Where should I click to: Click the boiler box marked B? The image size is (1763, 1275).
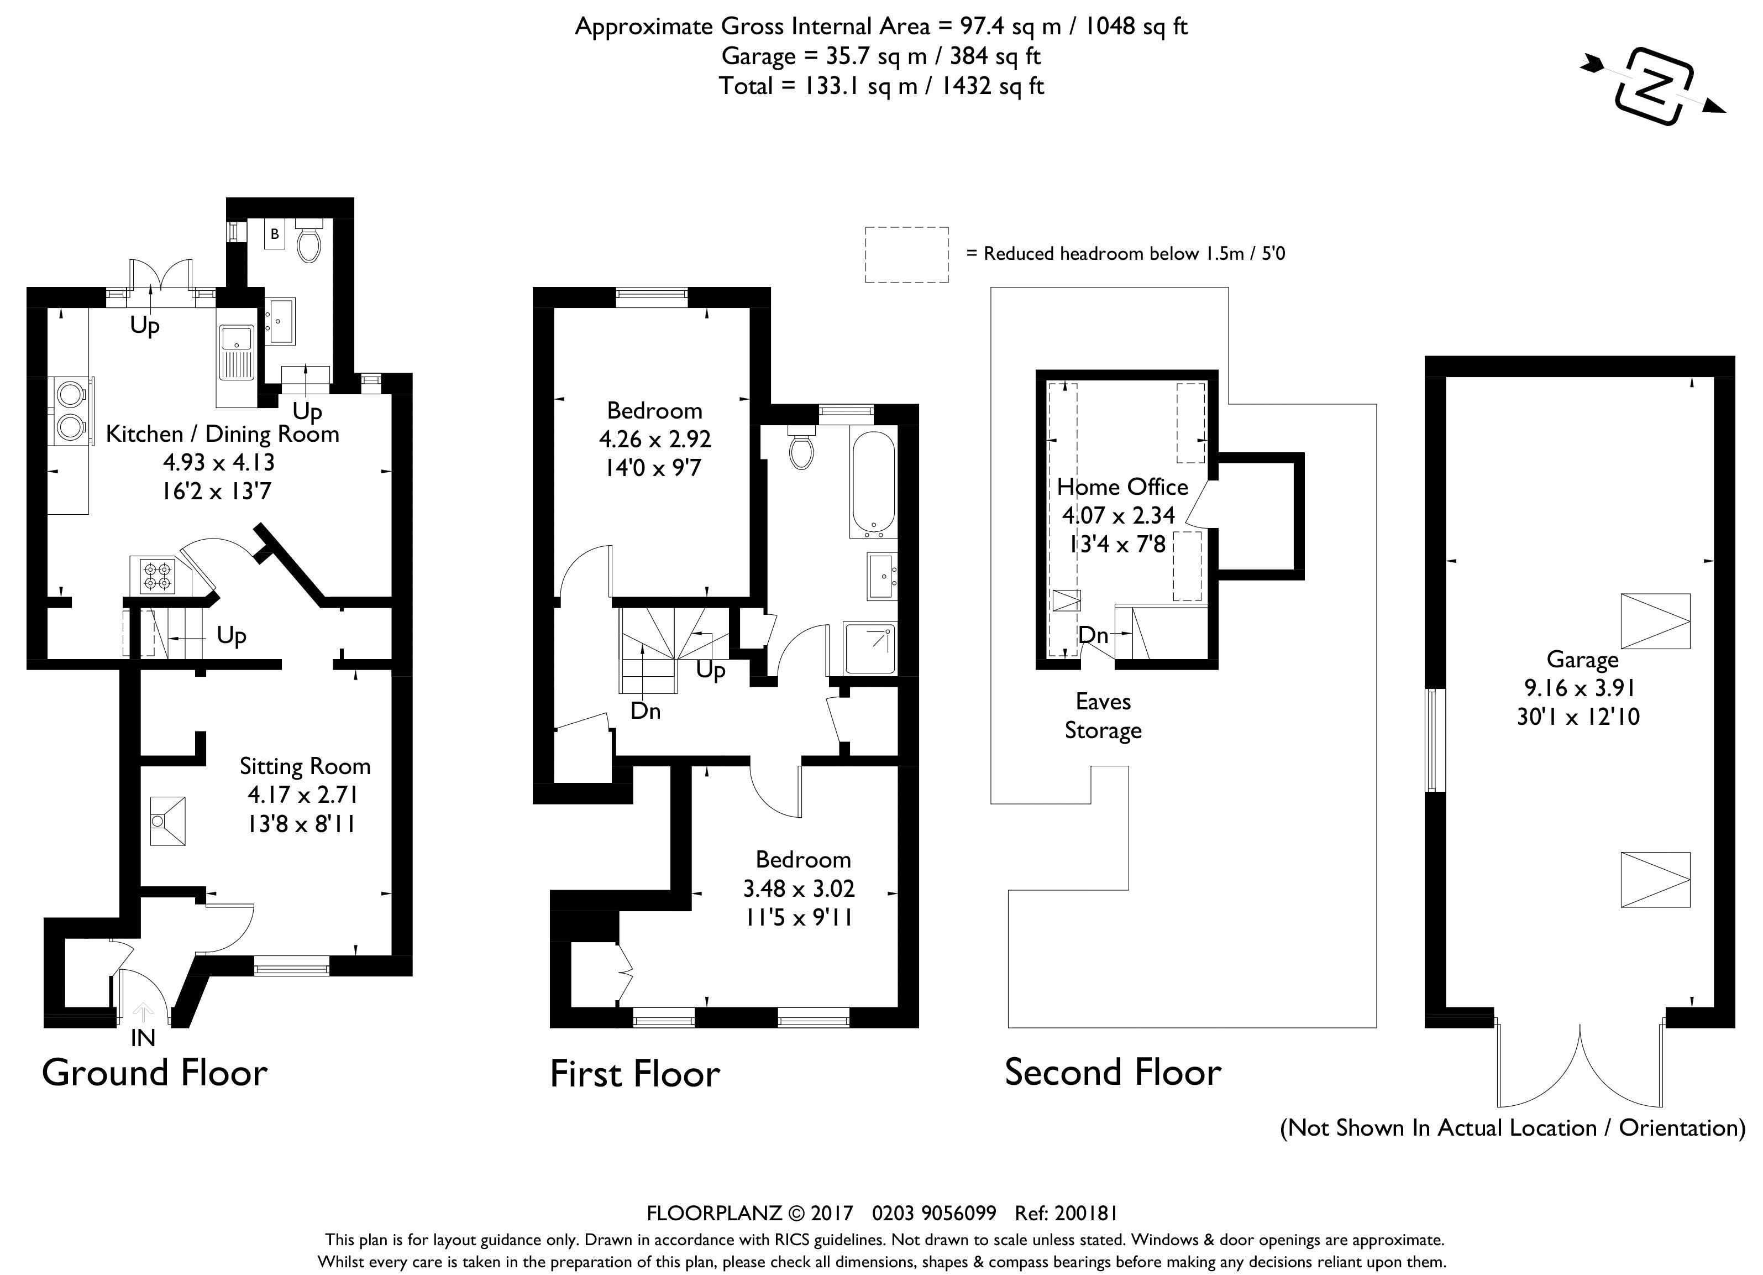coord(275,234)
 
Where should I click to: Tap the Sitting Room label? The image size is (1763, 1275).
coord(305,766)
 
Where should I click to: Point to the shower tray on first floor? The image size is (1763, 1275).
coord(869,649)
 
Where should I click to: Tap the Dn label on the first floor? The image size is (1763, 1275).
coord(645,710)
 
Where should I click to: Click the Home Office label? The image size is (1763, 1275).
coord(1122,487)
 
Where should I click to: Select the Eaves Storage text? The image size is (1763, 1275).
coord(1103,716)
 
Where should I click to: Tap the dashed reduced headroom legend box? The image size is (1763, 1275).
coord(907,255)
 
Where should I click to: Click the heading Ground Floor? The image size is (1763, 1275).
coord(155,1073)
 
